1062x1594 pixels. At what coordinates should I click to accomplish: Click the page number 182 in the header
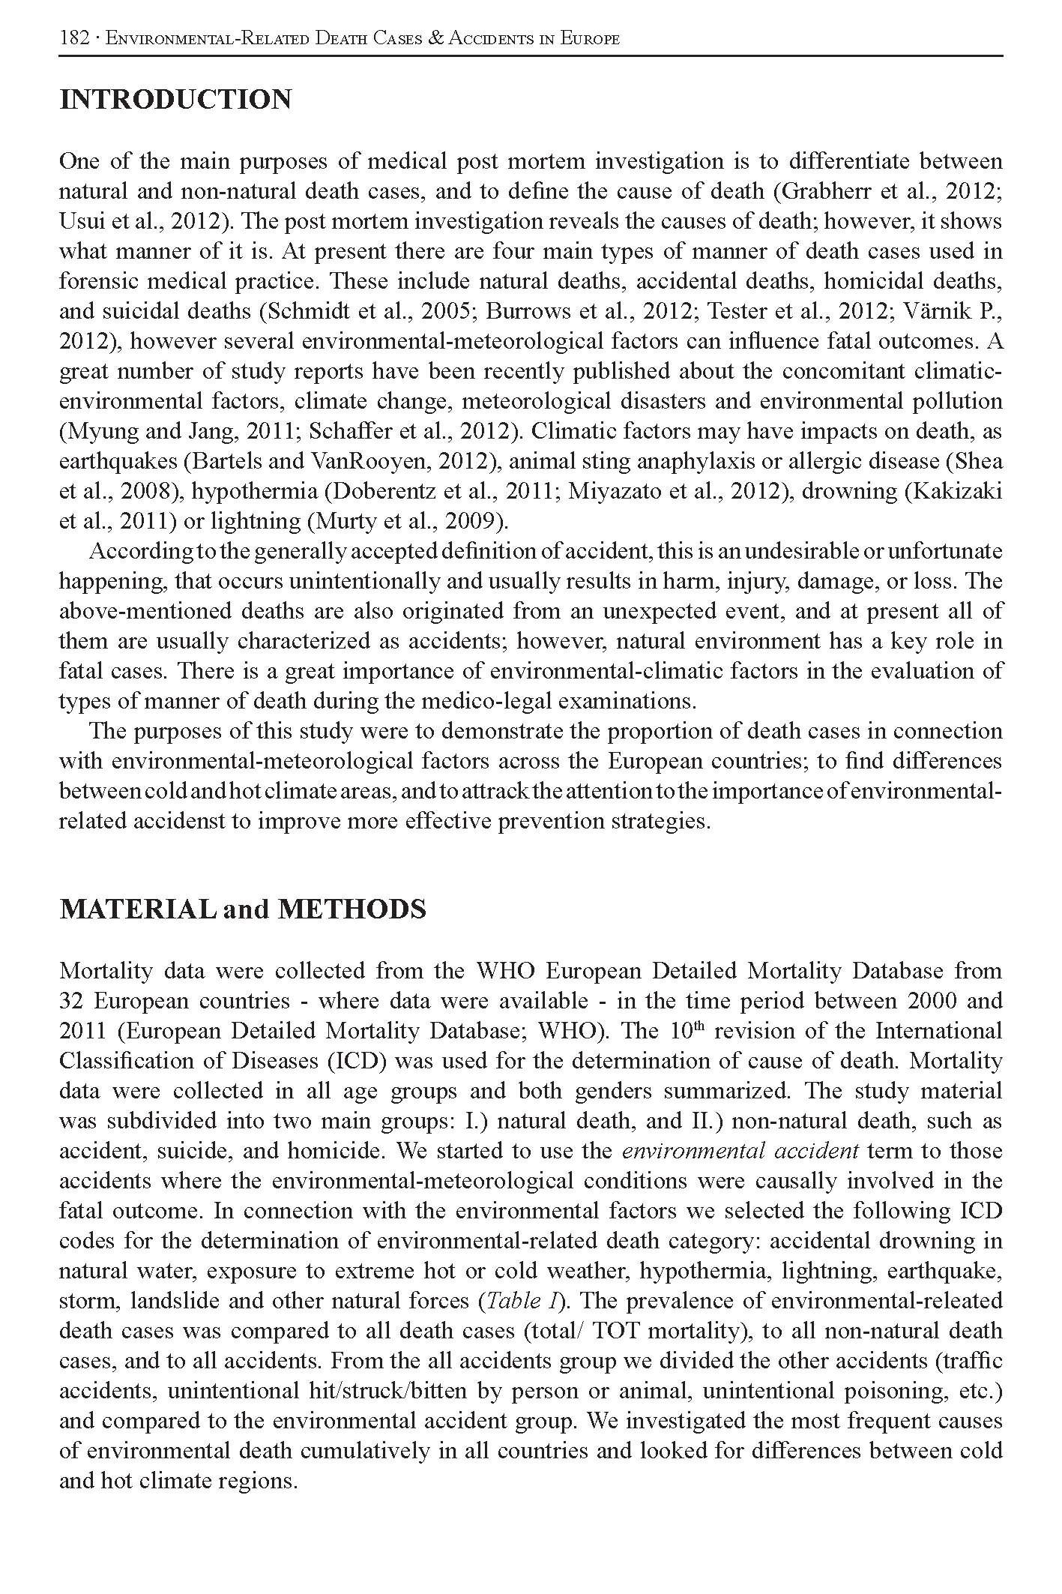75,38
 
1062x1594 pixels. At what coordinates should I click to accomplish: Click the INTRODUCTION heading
175,100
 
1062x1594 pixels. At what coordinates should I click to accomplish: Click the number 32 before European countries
72,1001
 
